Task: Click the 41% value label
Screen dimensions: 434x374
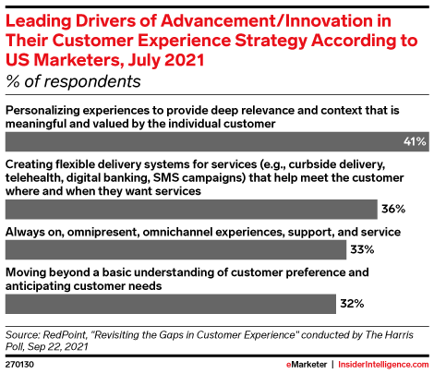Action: pos(415,141)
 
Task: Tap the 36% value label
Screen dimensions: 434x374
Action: pos(393,209)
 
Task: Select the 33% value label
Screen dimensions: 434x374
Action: pos(362,249)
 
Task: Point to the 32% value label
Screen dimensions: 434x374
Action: pos(352,304)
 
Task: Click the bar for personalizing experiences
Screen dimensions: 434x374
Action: pos(217,141)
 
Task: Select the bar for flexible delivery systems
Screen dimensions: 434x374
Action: pos(191,210)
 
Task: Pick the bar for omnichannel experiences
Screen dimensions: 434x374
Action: pos(175,249)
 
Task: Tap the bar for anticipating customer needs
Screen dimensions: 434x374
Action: pos(171,304)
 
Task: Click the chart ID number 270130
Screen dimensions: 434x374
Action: pos(19,365)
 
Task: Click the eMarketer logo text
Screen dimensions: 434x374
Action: pos(307,365)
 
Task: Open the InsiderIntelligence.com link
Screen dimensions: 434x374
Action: pos(383,365)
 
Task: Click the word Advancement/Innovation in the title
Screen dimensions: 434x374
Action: pos(276,21)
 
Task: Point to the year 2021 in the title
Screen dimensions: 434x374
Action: pos(185,60)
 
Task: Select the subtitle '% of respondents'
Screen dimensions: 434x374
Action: pos(73,81)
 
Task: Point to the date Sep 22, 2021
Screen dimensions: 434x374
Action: pos(57,346)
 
